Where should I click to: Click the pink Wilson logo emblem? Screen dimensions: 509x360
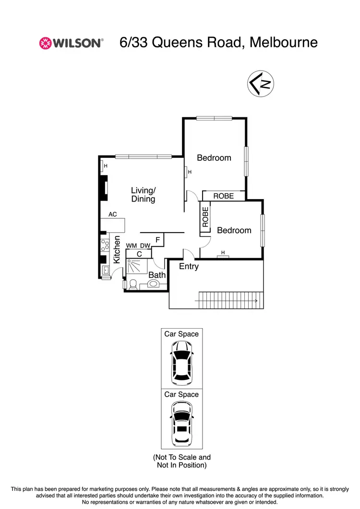[45, 43]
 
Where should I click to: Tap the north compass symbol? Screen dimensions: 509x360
[261, 83]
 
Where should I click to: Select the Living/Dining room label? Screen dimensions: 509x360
[143, 194]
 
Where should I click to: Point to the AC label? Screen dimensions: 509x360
[113, 214]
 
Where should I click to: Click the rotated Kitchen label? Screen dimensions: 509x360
[117, 249]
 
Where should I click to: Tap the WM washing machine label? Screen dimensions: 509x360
[132, 246]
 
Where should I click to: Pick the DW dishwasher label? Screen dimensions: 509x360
[145, 246]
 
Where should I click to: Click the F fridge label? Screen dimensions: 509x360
[157, 239]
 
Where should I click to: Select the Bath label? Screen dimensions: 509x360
[156, 275]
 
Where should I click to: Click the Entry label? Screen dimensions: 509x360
[189, 266]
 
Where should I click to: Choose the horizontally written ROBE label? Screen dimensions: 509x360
[223, 196]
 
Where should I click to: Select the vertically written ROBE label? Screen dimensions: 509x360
[205, 217]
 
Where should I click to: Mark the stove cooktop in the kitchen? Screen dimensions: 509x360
[104, 245]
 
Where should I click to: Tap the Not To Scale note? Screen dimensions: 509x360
[181, 461]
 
